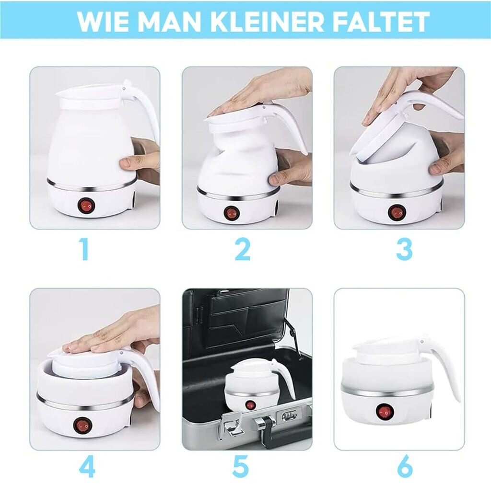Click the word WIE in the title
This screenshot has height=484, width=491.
[100, 21]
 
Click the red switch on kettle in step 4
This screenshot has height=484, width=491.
[80, 426]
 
